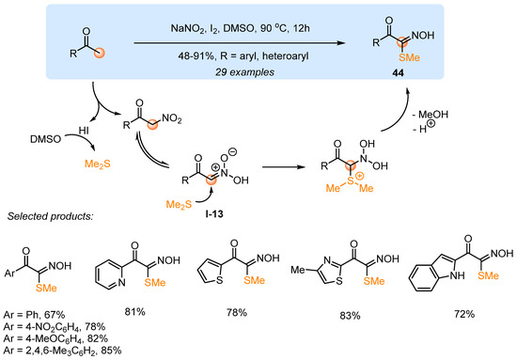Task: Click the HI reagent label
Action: (69, 132)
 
